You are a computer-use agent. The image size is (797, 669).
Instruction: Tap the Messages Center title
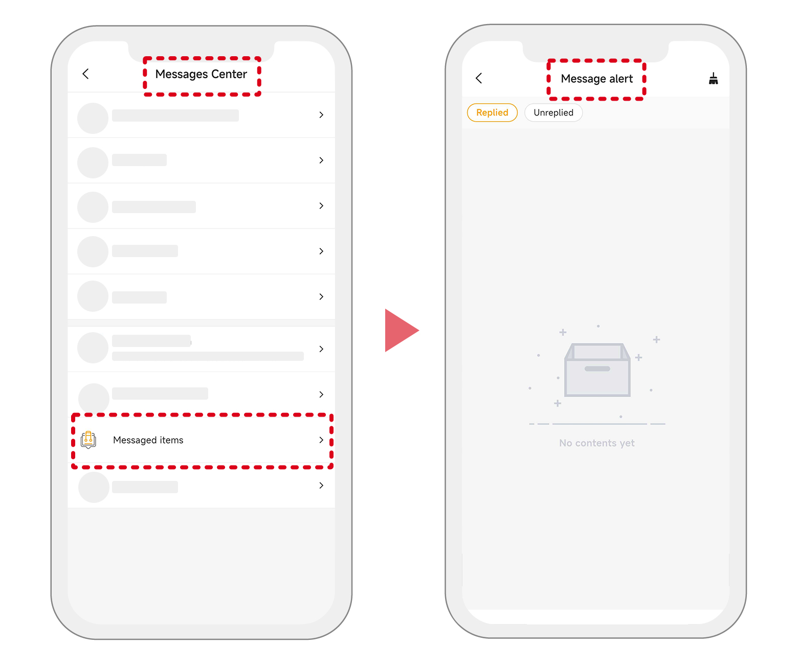coord(201,74)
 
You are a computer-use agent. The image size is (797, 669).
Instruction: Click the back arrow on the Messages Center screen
coord(85,74)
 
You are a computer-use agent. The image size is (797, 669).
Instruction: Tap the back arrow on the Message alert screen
coord(479,78)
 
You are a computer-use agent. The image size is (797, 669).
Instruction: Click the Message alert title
coord(596,79)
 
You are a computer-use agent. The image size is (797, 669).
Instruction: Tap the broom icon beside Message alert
coord(713,79)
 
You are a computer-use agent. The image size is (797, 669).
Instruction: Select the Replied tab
coord(492,112)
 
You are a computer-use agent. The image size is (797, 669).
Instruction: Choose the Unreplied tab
coord(553,112)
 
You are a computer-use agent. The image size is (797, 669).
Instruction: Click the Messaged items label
coord(148,440)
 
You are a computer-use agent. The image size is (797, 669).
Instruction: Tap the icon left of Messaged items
coord(88,440)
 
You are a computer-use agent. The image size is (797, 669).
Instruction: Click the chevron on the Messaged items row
coord(321,440)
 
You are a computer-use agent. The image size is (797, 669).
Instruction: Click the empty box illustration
coord(597,370)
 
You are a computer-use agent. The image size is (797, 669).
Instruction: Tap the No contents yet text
coord(596,443)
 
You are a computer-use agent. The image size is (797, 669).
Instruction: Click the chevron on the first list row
coord(321,115)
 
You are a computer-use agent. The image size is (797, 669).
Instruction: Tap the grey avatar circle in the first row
coord(93,118)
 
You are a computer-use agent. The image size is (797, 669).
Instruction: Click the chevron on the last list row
coord(321,485)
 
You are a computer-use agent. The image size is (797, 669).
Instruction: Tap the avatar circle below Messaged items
coord(94,487)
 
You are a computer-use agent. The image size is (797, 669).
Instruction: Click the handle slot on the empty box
coord(597,369)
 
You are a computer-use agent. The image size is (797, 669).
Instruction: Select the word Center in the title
coord(229,74)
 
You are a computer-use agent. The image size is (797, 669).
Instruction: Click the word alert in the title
coord(621,79)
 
